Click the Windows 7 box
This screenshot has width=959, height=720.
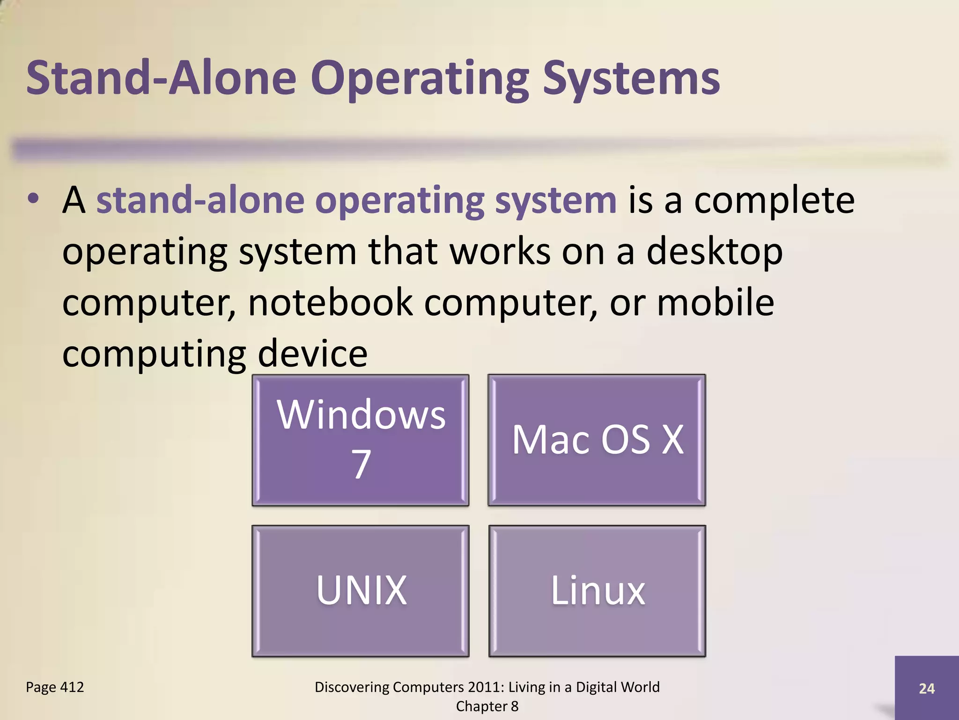coord(360,440)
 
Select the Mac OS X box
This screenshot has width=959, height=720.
coord(597,440)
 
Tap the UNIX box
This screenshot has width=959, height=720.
coord(360,591)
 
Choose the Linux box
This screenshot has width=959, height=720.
coord(597,591)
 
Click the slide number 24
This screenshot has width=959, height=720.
coord(927,688)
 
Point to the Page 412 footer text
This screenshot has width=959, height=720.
coord(55,687)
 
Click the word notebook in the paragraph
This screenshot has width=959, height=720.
coord(330,302)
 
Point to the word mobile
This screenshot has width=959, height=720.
coord(715,302)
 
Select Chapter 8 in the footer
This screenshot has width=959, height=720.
coord(487,706)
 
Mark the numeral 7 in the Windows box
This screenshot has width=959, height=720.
coord(361,464)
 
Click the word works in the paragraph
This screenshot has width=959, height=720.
coord(500,252)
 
